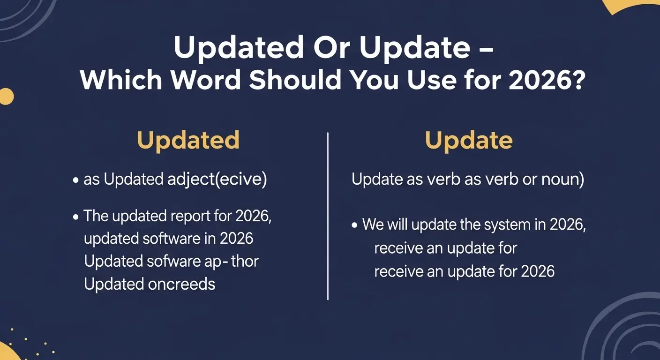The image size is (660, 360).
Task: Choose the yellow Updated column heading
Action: (x=188, y=140)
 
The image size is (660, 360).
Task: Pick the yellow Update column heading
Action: (x=468, y=140)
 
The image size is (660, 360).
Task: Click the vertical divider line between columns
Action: (x=328, y=216)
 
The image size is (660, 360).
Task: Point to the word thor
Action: (x=244, y=261)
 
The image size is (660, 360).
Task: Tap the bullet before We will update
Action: (x=355, y=225)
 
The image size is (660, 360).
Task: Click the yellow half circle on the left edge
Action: (x=6, y=96)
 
